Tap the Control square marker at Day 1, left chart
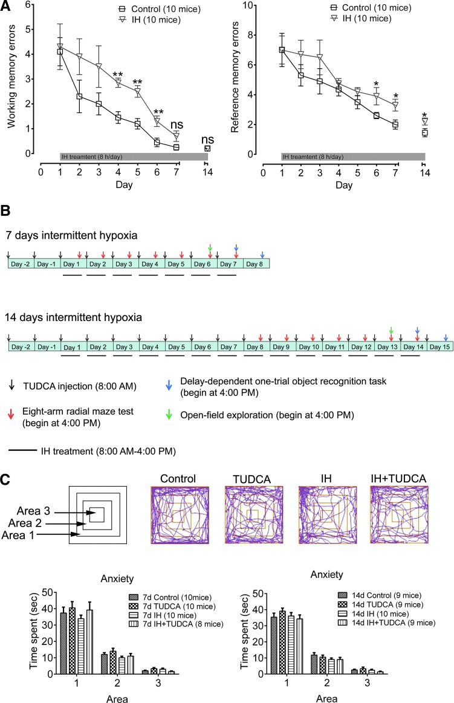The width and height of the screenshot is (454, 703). tap(60, 52)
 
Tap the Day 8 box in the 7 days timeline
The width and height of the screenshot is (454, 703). tap(256, 264)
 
